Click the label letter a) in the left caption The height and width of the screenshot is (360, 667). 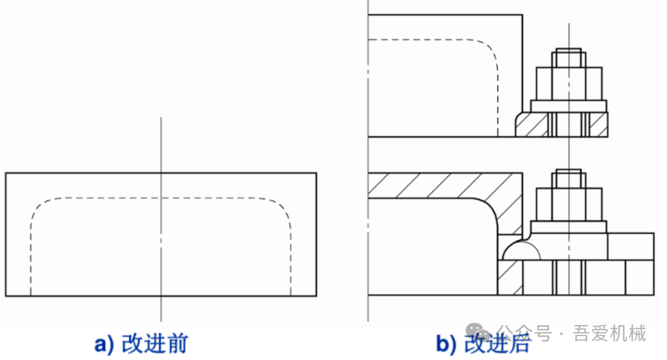(105, 344)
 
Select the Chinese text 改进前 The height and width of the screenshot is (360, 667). (155, 343)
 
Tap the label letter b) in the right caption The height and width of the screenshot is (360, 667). (446, 344)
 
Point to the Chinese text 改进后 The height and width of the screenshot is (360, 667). (497, 343)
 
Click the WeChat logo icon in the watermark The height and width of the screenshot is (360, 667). (478, 332)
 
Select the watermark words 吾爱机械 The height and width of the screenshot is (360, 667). (609, 333)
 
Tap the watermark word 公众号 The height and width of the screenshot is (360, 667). (524, 333)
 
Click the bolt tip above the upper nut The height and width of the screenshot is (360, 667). (568, 50)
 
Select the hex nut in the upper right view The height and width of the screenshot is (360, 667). (569, 83)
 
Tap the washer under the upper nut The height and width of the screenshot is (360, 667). (569, 106)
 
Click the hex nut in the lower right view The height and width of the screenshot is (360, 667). (569, 205)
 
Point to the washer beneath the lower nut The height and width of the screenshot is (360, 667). (569, 227)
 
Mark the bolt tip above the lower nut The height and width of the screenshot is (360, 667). (568, 171)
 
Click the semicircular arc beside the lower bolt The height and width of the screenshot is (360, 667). (521, 243)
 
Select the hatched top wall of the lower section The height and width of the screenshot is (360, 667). (443, 186)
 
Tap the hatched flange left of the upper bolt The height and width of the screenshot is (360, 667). (532, 125)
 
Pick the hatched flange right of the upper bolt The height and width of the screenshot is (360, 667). (599, 125)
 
